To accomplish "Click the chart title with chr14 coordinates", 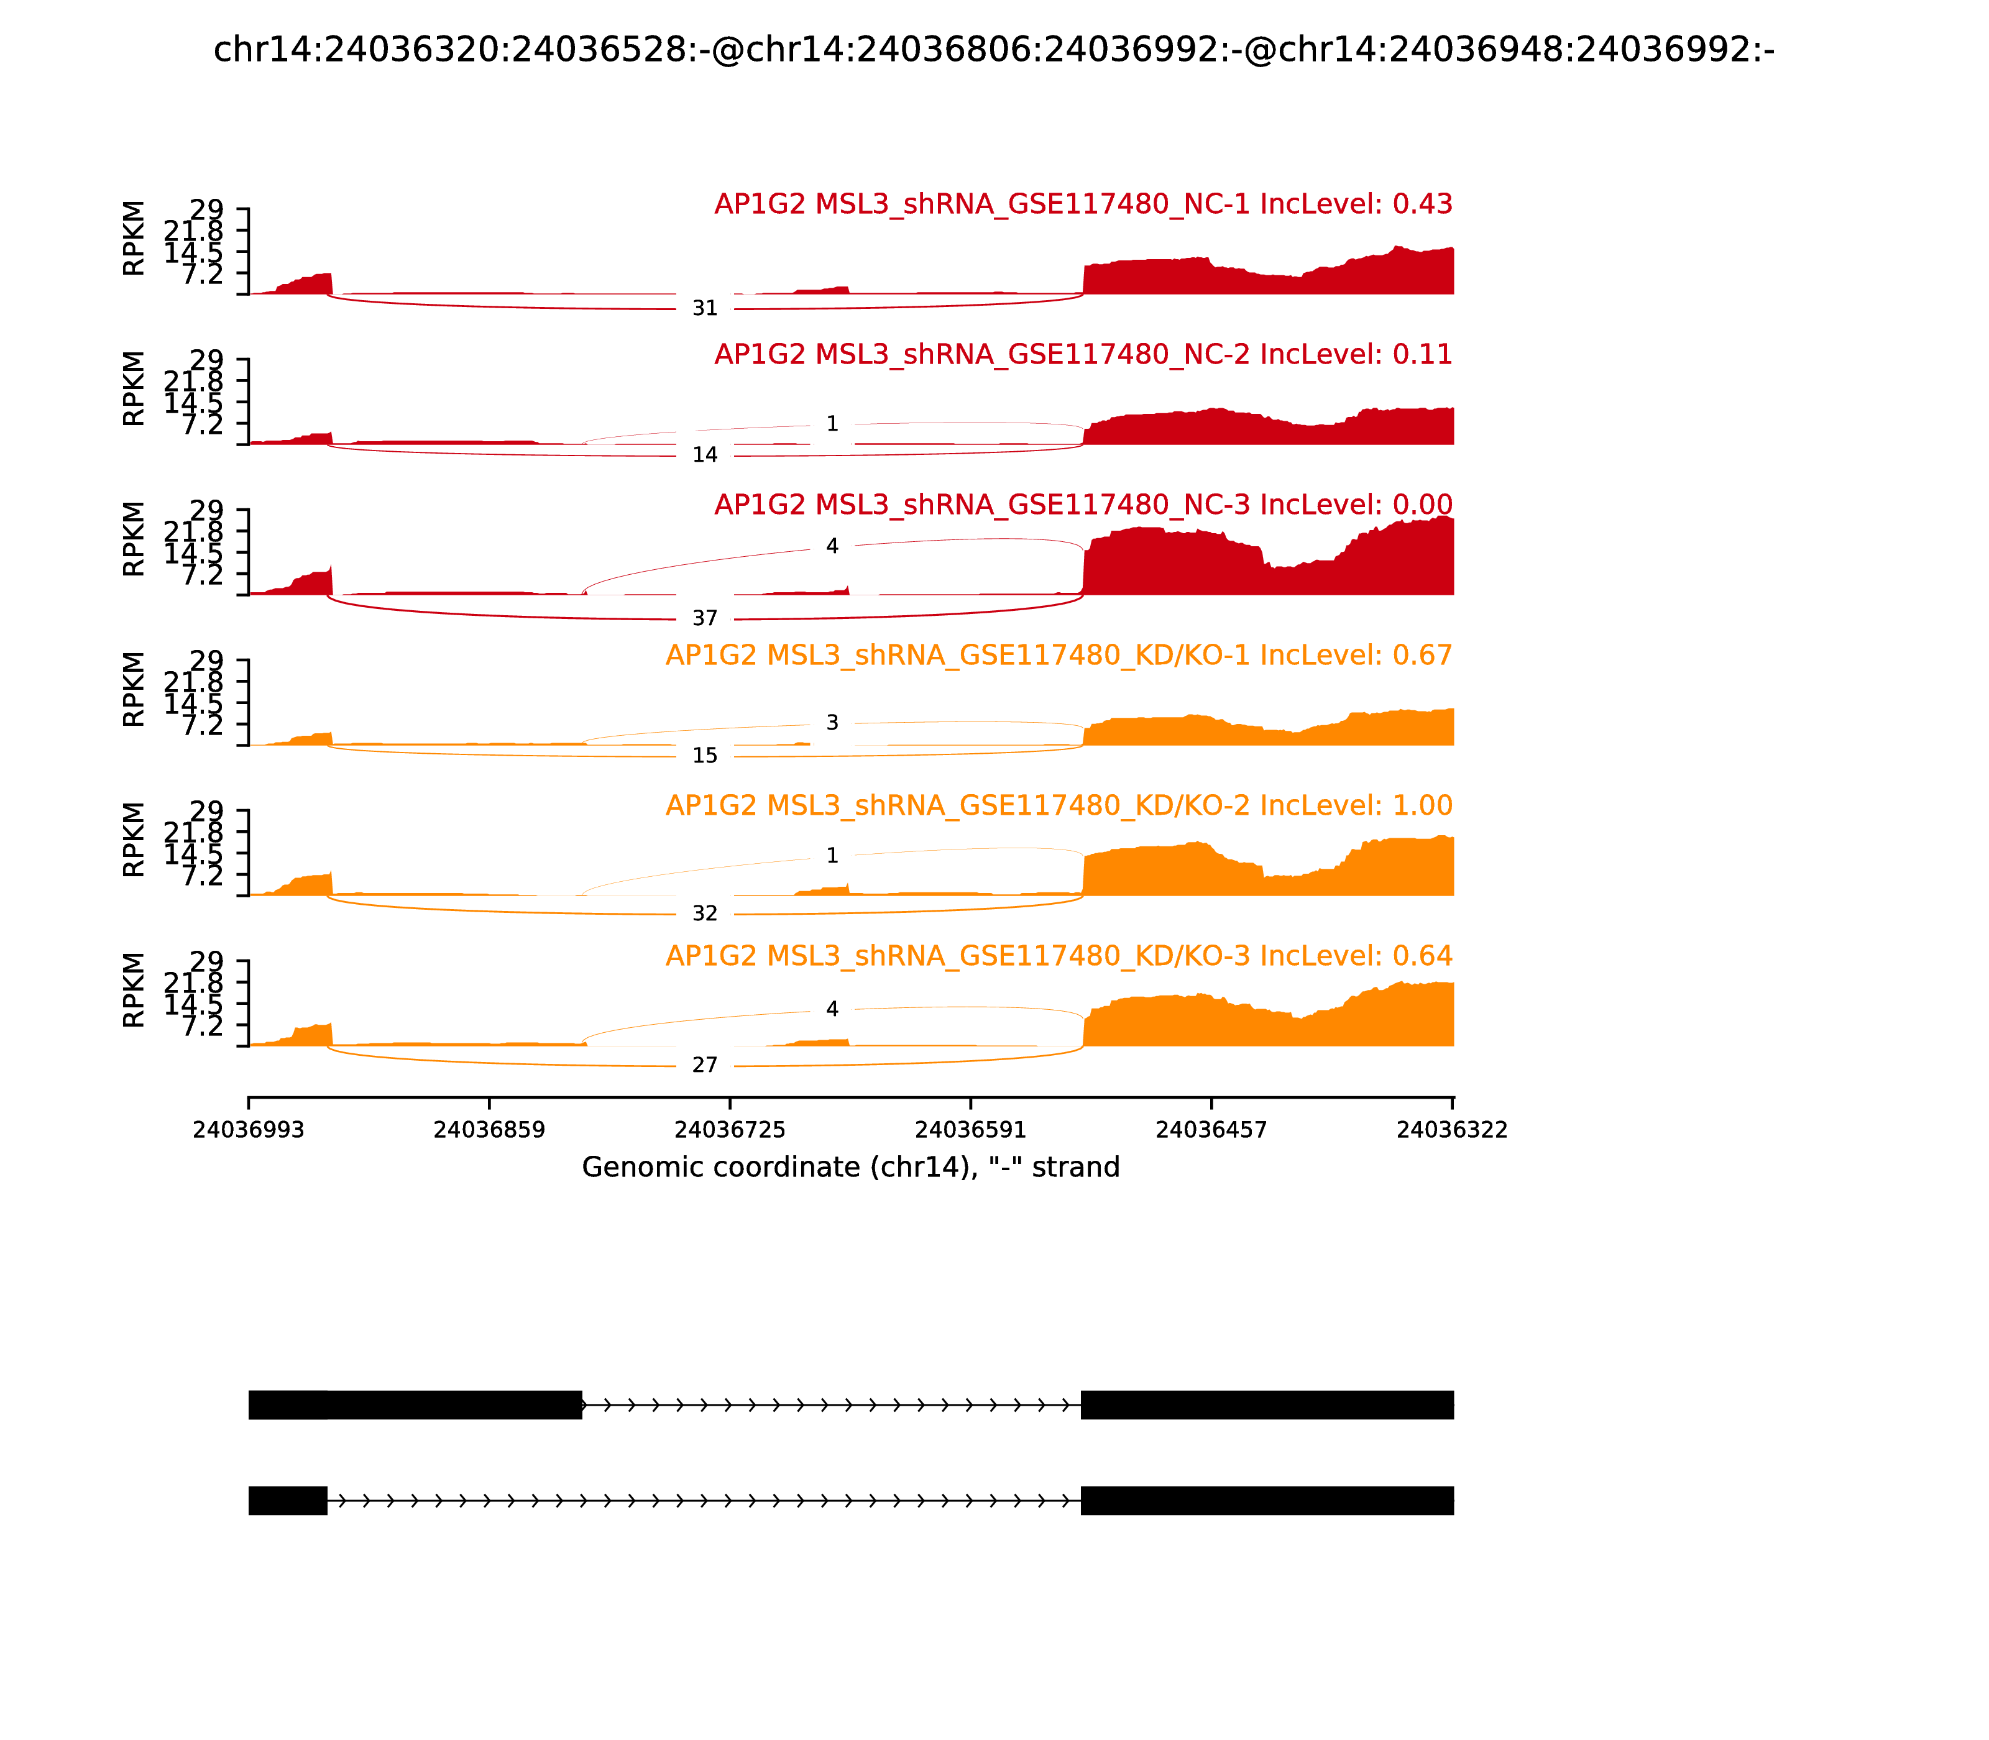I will pos(993,50).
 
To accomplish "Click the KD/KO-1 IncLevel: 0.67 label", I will pos(1059,656).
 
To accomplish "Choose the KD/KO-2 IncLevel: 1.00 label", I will pos(1059,806).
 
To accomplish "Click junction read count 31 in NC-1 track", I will pos(705,309).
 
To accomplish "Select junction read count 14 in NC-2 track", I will pos(705,456).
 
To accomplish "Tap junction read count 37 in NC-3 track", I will pos(705,618).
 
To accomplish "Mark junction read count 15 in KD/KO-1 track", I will pos(705,756).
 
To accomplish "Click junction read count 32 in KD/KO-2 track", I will pos(705,913).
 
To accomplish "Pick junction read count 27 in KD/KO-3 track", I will pos(705,1066).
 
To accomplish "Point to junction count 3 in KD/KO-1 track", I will pos(832,723).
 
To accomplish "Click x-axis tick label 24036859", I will pos(490,1130).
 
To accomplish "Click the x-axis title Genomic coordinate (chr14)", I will pos(851,1167).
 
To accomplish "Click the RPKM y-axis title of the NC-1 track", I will pos(134,238).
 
